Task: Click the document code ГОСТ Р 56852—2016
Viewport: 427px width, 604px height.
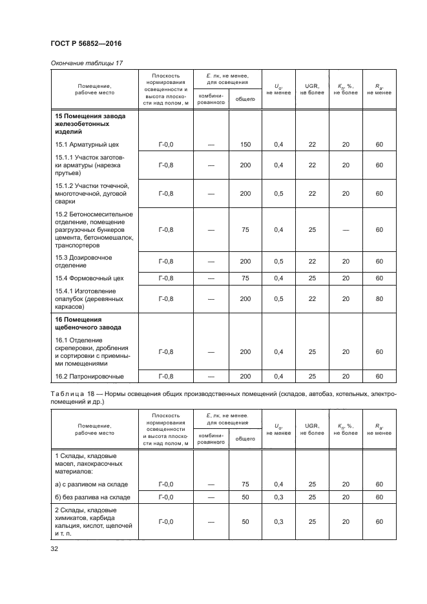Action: [85, 43]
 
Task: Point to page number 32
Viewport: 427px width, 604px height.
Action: [54, 549]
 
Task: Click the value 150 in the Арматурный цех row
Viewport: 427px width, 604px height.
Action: [245, 145]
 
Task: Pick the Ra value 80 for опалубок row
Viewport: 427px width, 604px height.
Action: [379, 299]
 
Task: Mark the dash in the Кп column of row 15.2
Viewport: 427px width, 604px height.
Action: [346, 230]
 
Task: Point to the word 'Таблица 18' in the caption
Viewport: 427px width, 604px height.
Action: [72, 394]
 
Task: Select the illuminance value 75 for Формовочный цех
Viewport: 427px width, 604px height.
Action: [245, 278]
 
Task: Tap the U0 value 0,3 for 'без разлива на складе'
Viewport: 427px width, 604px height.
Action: [278, 497]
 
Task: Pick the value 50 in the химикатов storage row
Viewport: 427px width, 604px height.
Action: [245, 521]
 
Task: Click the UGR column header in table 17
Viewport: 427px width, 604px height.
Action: [312, 89]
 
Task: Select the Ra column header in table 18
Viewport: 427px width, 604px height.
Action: [379, 429]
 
